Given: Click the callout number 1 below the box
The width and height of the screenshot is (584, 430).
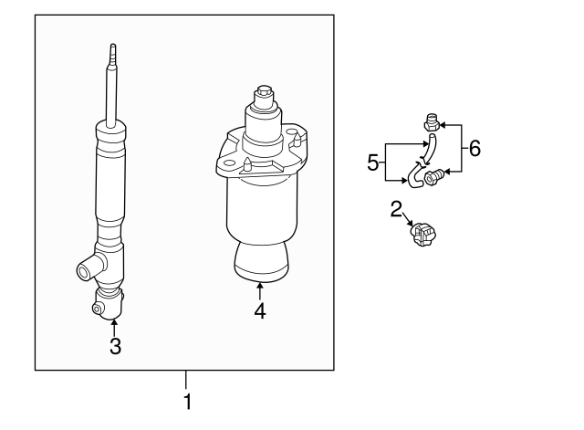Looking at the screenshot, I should (187, 402).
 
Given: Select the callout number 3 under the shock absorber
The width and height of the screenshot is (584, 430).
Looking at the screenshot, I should (115, 346).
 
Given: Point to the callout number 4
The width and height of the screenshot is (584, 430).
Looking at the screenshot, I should (260, 311).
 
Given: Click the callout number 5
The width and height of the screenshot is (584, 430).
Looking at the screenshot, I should (372, 163).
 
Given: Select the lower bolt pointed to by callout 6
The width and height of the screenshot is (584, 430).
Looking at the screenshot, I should (433, 173).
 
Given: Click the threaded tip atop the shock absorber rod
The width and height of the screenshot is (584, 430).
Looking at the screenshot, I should (112, 53).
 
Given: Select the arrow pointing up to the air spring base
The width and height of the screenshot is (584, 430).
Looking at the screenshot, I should (260, 292).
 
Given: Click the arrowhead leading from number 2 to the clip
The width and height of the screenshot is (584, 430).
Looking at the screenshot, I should (408, 224).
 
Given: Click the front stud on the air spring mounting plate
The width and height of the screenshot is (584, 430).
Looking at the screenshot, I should (248, 165).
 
